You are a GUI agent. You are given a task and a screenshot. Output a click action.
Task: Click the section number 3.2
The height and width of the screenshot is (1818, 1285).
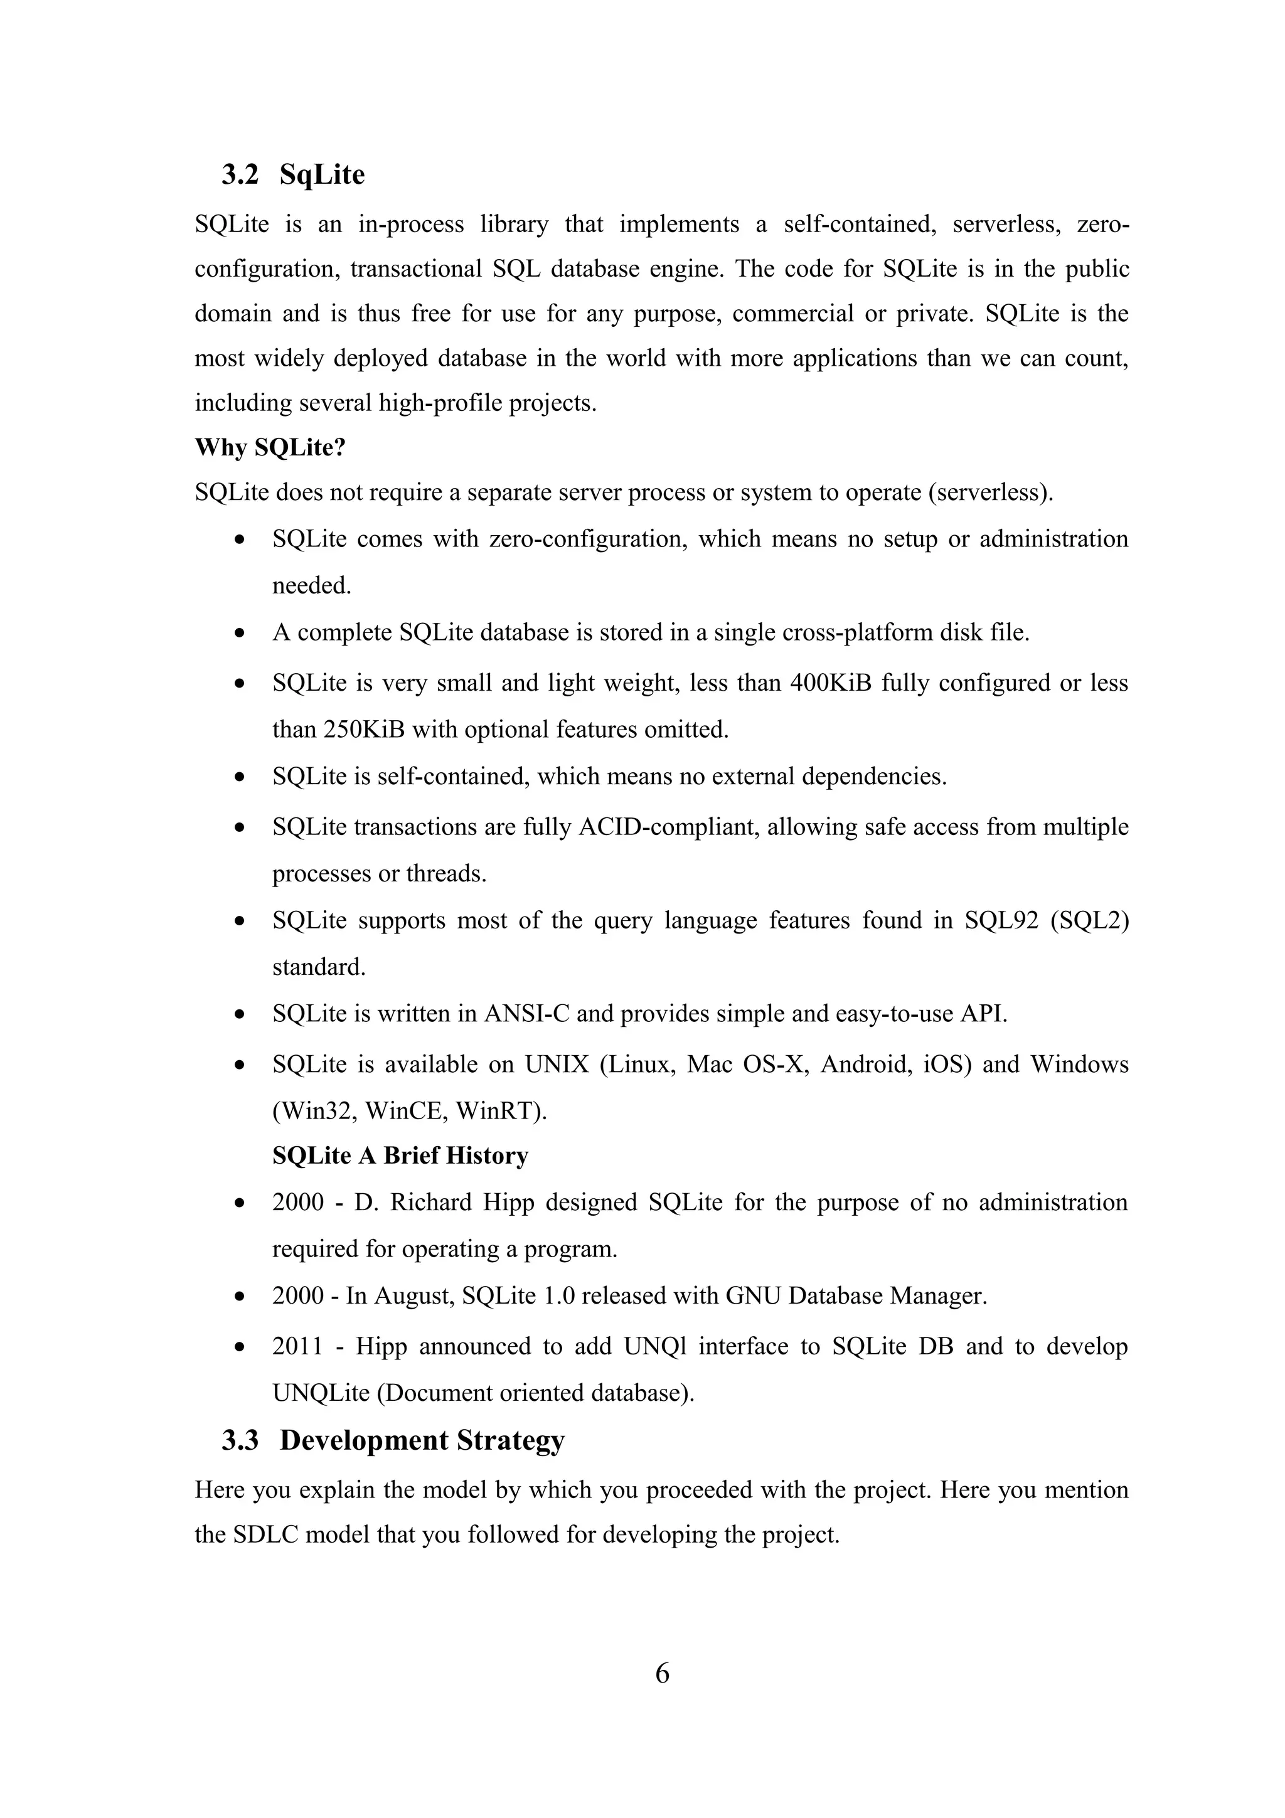pos(240,175)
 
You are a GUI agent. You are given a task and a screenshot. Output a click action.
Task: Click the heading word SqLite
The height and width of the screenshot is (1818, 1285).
pos(323,175)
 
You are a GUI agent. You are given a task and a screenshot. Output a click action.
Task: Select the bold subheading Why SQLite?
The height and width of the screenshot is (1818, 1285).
pos(270,447)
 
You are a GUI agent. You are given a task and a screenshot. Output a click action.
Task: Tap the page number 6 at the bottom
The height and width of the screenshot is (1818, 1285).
pos(663,1674)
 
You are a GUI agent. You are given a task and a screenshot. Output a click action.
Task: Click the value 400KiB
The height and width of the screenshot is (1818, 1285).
pos(831,683)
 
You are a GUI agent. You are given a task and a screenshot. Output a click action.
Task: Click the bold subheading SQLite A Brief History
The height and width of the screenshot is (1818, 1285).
pos(400,1156)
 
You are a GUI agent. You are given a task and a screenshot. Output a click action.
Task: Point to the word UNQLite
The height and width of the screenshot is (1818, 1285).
pos(321,1393)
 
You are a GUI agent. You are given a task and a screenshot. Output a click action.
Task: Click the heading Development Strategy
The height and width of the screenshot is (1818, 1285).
pos(422,1440)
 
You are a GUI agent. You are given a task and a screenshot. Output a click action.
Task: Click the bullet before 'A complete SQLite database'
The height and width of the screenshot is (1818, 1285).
pos(240,634)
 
